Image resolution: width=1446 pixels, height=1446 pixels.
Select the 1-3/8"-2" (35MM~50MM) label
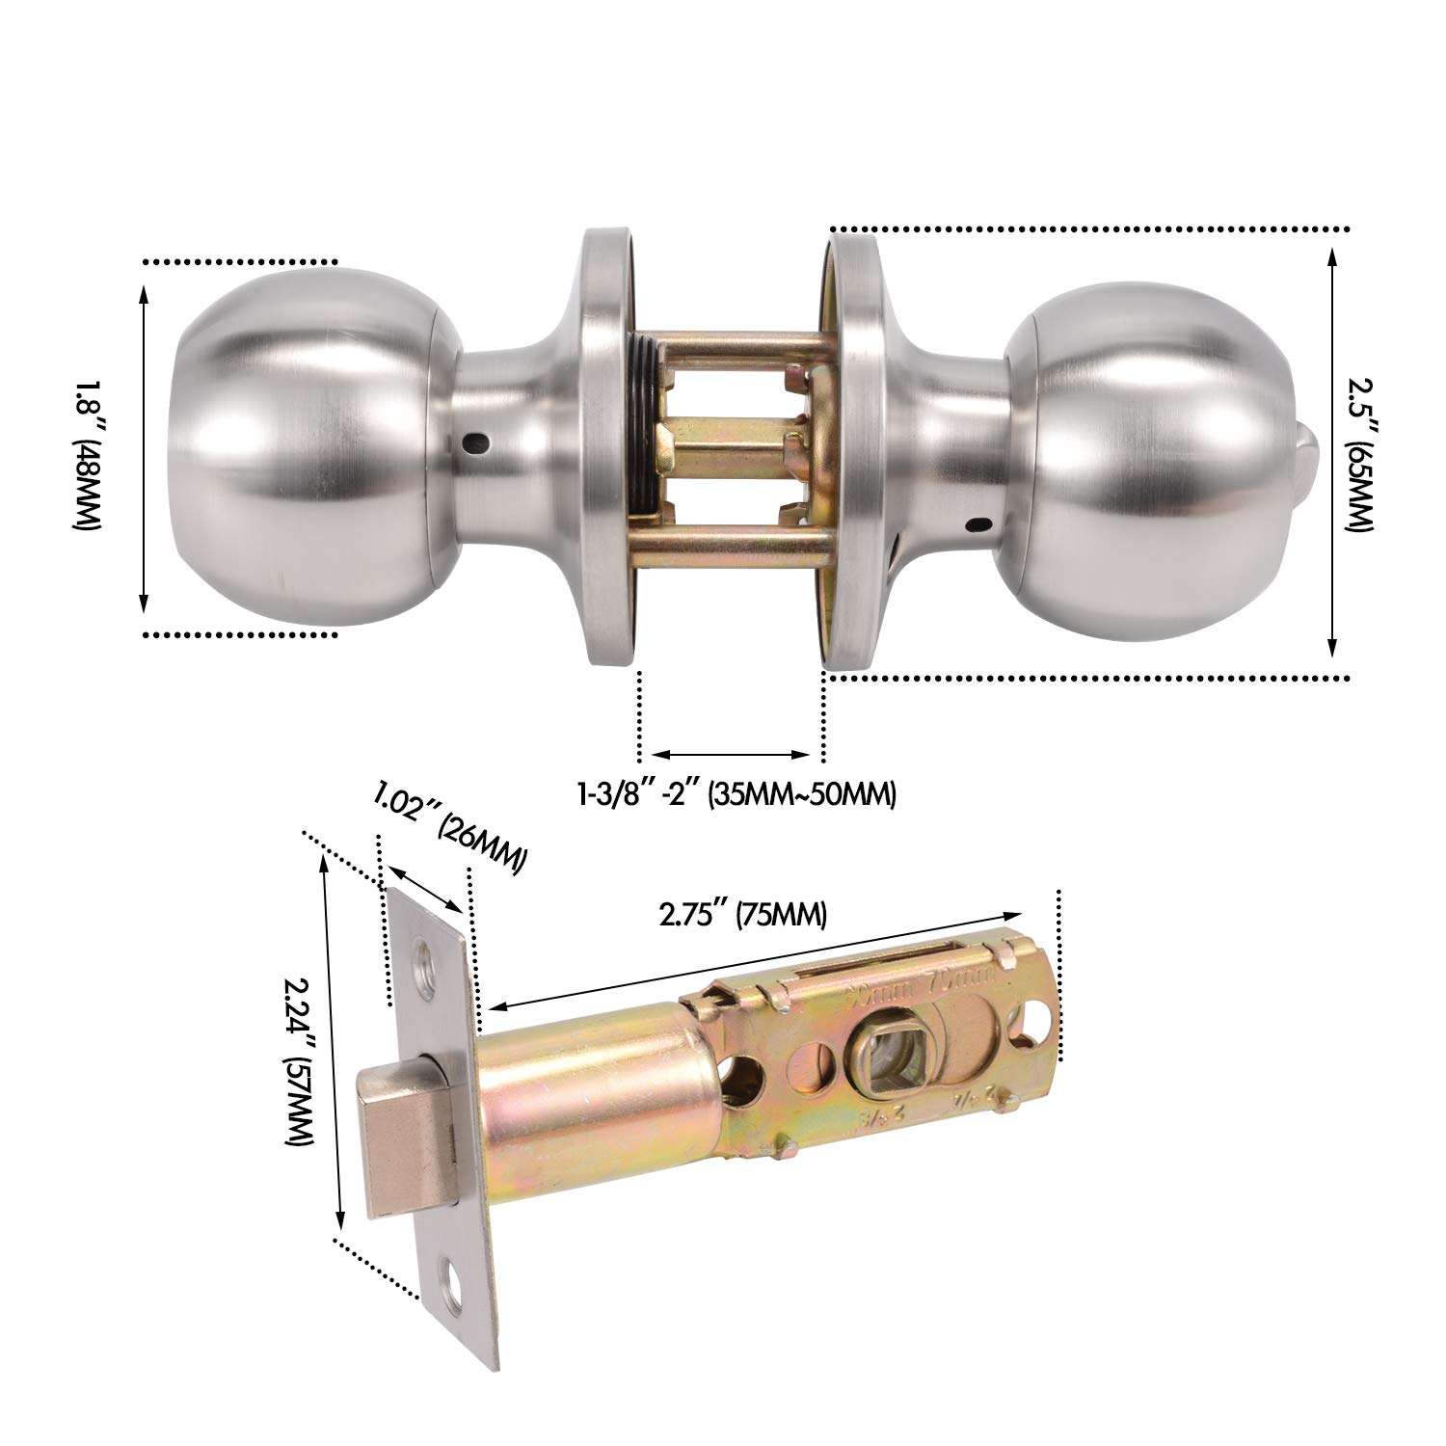(737, 795)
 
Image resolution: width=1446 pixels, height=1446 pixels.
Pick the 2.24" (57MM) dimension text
(298, 1060)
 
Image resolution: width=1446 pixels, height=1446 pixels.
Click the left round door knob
(299, 448)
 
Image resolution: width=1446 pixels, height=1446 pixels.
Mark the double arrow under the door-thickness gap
(731, 755)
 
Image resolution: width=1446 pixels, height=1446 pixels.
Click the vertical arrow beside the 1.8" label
(144, 448)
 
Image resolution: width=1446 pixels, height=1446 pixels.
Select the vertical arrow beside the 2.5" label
(1332, 451)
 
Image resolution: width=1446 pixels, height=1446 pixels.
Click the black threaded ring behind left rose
(643, 424)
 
